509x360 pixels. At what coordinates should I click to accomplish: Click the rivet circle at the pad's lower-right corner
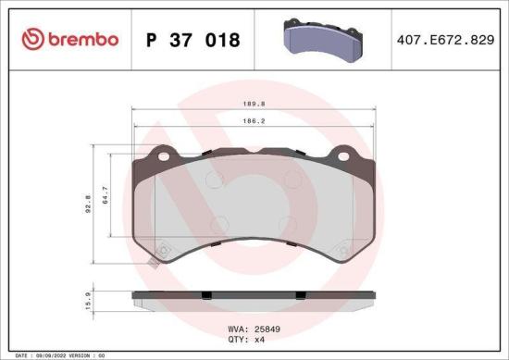pos(343,248)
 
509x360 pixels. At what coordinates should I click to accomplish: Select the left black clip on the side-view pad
pos(207,295)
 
